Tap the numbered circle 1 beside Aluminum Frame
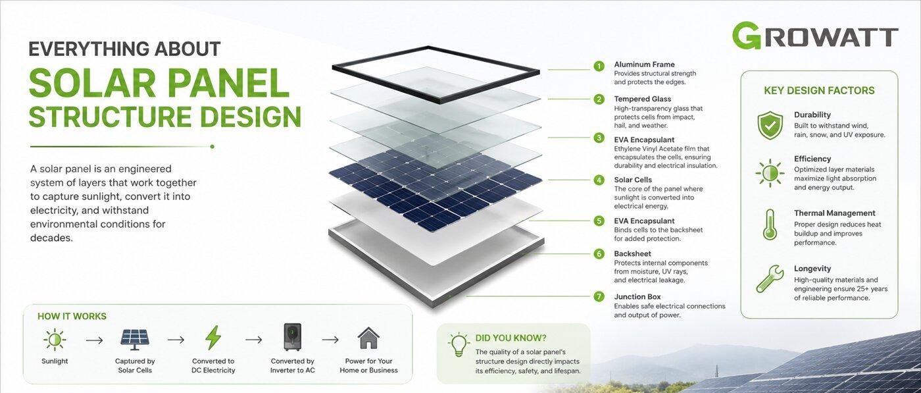[599, 66]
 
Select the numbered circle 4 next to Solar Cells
[599, 180]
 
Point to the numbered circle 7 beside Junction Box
[599, 296]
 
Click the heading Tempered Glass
[642, 99]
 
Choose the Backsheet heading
[632, 254]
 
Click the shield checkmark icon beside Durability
[770, 125]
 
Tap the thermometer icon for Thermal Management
[770, 224]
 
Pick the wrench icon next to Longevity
[770, 278]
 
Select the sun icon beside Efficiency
[770, 173]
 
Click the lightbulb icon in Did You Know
[459, 345]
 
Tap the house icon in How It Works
[368, 338]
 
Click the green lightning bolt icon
[213, 338]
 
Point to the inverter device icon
[292, 337]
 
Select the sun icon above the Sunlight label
[54, 340]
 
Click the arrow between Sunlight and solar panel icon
[94, 341]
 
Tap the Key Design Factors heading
[819, 91]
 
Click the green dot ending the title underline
[212, 147]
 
